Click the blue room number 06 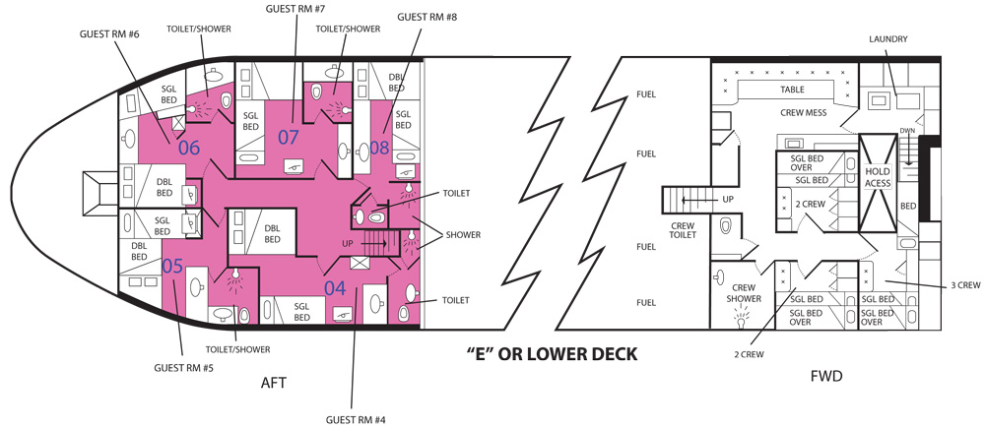pyautogui.click(x=188, y=149)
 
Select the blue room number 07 pyautogui.click(x=288, y=137)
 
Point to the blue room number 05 pyautogui.click(x=172, y=266)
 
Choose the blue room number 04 pyautogui.click(x=335, y=288)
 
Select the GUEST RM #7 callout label pyautogui.click(x=295, y=10)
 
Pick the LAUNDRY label pyautogui.click(x=887, y=39)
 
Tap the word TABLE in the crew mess pyautogui.click(x=792, y=89)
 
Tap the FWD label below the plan pyautogui.click(x=824, y=375)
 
